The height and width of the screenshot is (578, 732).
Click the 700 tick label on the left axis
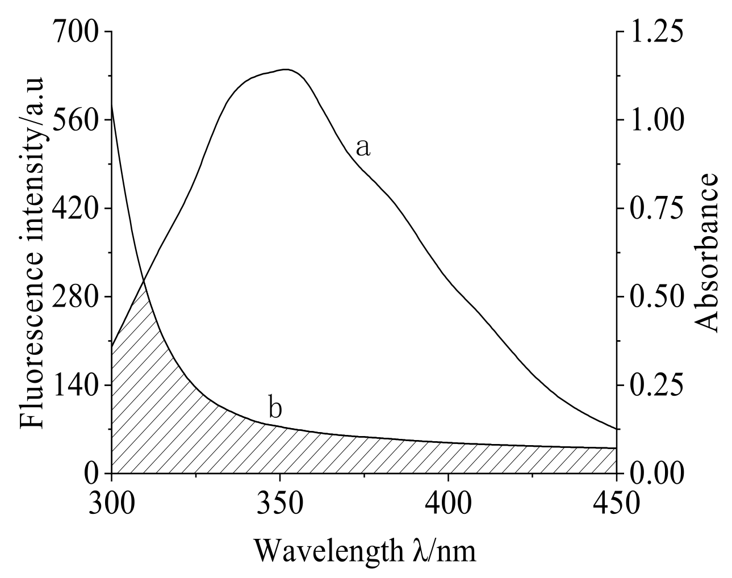[x=75, y=32]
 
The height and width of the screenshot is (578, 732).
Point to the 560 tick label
[x=75, y=120]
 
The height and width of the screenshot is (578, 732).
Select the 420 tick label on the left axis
[x=75, y=208]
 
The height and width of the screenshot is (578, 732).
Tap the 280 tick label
[x=75, y=296]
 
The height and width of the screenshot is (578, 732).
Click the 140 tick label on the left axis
[x=75, y=385]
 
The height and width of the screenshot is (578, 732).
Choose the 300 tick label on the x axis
[x=111, y=503]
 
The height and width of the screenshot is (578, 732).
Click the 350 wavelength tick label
[x=279, y=503]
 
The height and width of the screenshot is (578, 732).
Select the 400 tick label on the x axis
[x=448, y=503]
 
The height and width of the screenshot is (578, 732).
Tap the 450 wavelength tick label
[x=616, y=503]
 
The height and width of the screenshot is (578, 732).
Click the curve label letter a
[x=363, y=148]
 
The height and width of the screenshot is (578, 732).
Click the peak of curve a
[x=286, y=69]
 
